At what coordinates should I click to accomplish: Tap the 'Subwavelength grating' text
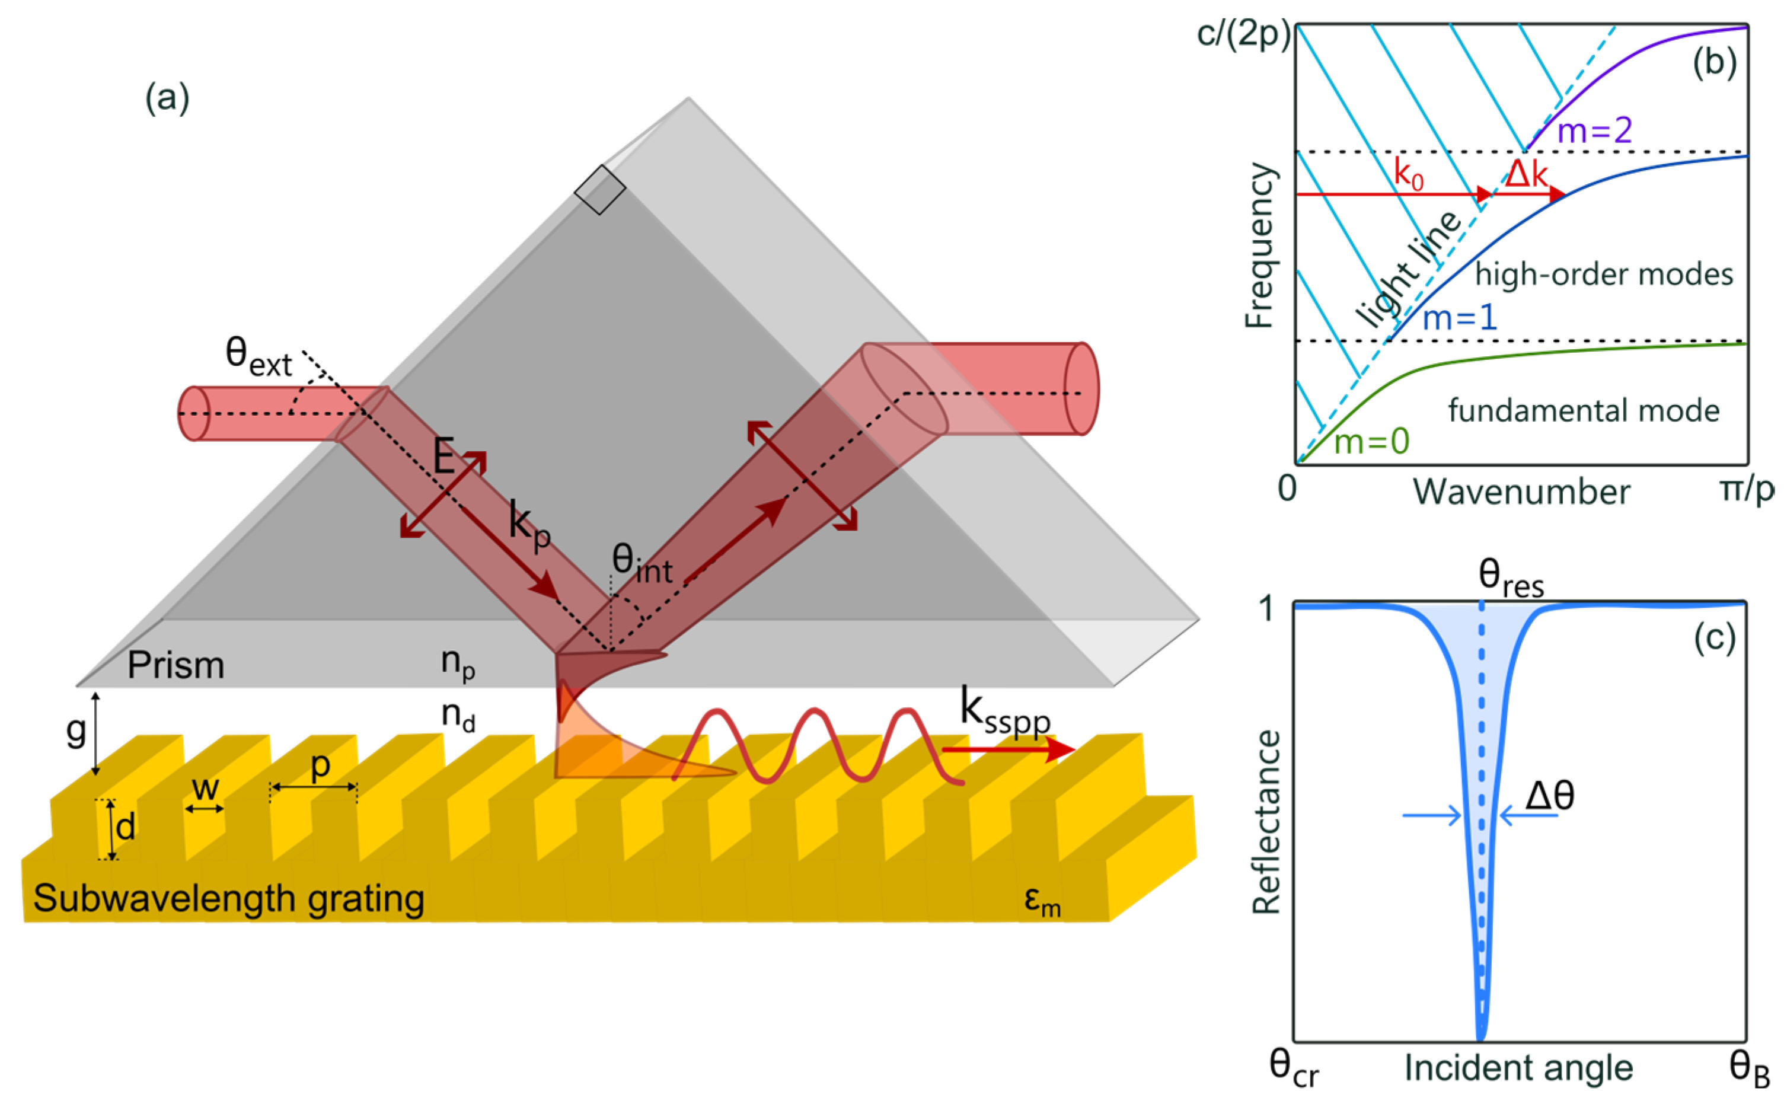pyautogui.click(x=228, y=898)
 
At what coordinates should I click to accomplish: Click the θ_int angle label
pyautogui.click(x=641, y=564)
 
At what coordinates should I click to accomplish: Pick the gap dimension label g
pyautogui.click(x=76, y=729)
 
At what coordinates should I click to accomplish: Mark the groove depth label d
pyautogui.click(x=126, y=827)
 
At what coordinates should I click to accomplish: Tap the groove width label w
pyautogui.click(x=205, y=788)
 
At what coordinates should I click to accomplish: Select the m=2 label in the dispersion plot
pyautogui.click(x=1594, y=130)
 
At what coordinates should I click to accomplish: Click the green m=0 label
pyautogui.click(x=1371, y=442)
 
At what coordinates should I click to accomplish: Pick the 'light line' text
pyautogui.click(x=1408, y=269)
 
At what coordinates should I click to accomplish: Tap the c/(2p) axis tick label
pyautogui.click(x=1243, y=34)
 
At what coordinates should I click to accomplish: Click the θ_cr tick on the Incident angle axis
pyautogui.click(x=1294, y=1069)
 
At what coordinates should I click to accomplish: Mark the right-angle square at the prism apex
pyautogui.click(x=600, y=190)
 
